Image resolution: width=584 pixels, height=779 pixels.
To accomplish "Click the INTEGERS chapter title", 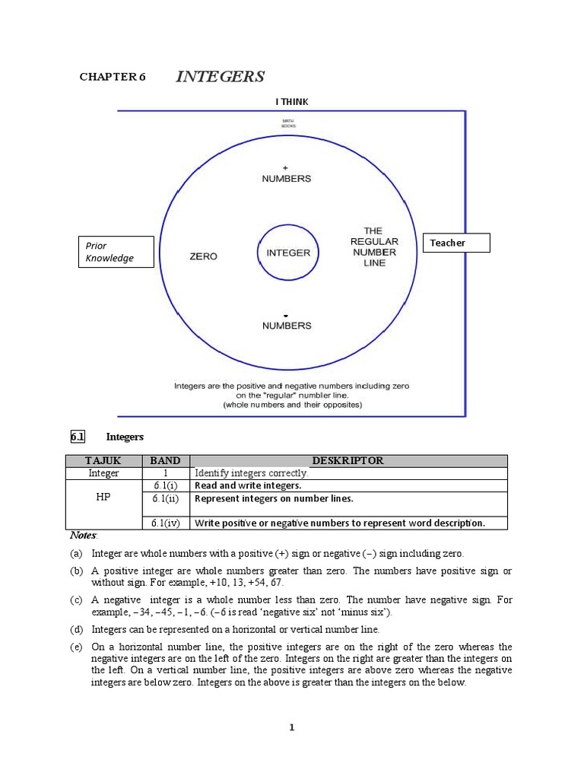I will click(x=220, y=77).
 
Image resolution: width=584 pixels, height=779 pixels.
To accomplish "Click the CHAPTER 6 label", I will click(x=113, y=77).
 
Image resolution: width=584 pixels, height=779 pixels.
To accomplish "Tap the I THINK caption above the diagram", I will click(x=292, y=101).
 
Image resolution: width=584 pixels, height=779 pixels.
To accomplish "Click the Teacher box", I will click(x=456, y=243).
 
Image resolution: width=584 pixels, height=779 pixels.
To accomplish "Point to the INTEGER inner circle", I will click(x=288, y=253).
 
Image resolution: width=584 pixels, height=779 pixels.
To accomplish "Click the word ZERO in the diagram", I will click(x=203, y=256).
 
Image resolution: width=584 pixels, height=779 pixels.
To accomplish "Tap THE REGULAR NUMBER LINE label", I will click(x=374, y=246).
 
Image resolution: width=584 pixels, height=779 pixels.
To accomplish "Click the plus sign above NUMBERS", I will click(x=286, y=167).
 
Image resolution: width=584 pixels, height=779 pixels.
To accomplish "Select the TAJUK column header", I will click(x=103, y=460).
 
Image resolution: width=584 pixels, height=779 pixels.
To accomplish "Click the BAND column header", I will click(x=165, y=460).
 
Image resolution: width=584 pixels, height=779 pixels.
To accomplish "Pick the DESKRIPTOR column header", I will click(x=348, y=460).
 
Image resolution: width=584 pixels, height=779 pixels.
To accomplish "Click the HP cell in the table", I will click(x=103, y=498).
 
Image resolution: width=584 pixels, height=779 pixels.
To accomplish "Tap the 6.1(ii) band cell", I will click(x=165, y=499).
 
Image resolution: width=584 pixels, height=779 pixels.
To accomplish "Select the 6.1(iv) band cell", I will click(x=165, y=523).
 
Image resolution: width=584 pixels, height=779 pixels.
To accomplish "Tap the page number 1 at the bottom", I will click(x=291, y=727).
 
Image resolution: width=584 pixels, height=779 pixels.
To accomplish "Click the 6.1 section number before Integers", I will click(x=78, y=437).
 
